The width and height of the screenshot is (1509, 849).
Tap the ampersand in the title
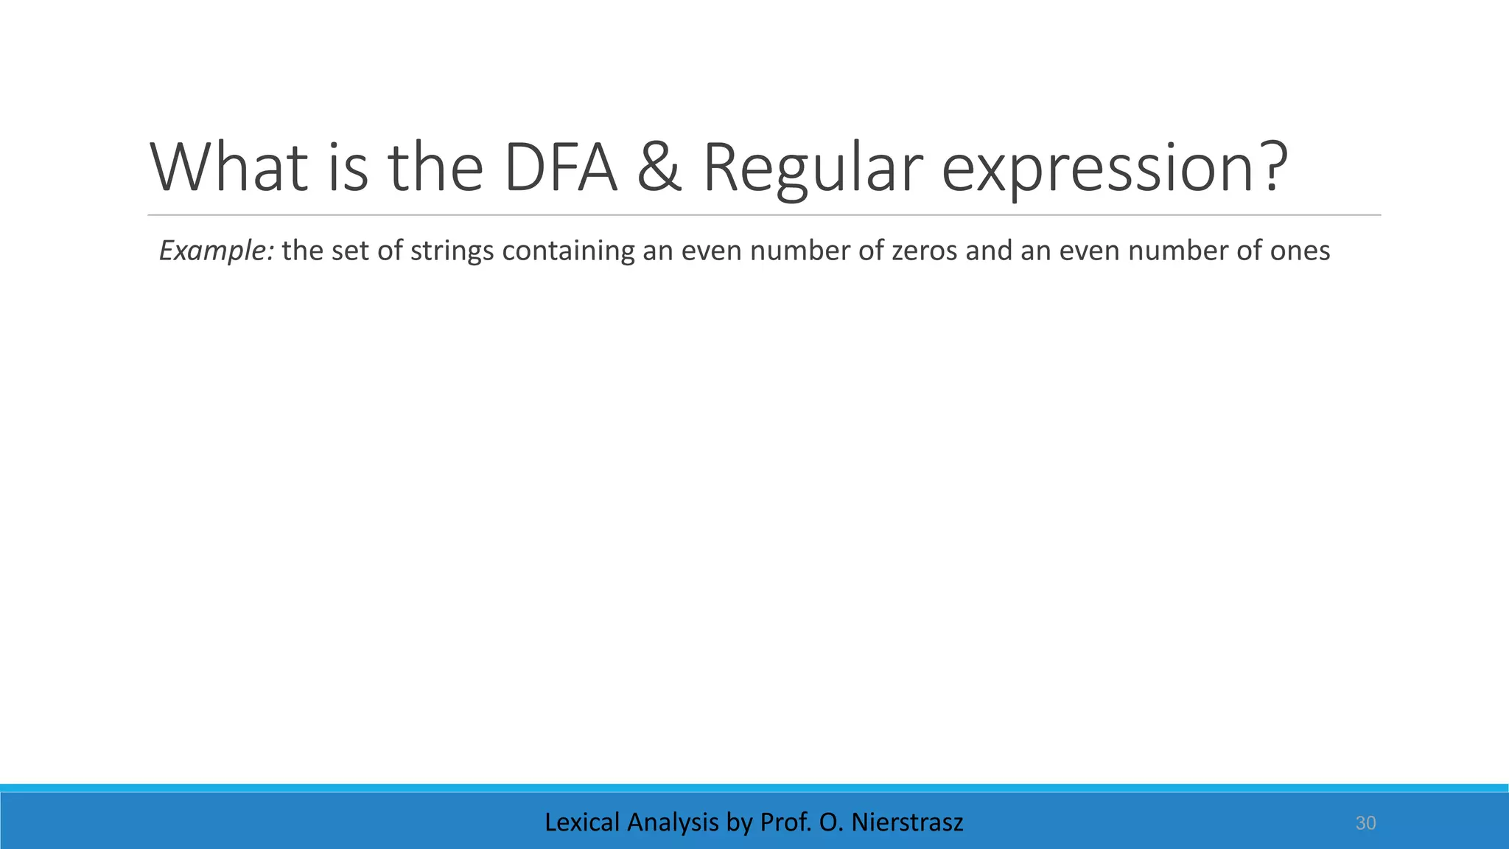coord(659,168)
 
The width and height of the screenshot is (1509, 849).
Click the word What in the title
coord(229,168)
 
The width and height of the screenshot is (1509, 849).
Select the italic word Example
coord(217,251)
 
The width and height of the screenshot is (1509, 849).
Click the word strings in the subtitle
coord(452,251)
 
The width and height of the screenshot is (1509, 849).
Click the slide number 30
coord(1365,823)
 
